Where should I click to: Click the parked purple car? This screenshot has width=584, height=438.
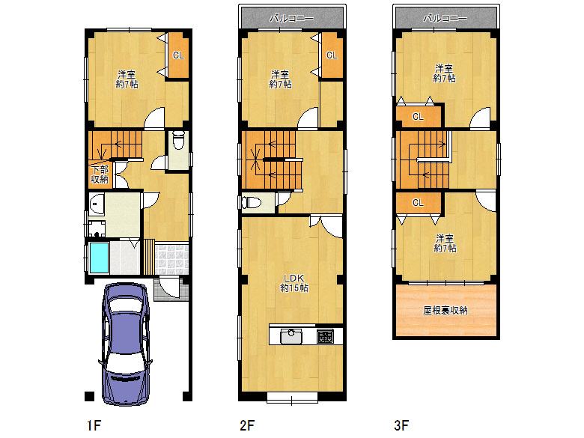(x=126, y=344)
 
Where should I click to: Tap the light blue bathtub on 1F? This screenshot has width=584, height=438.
(x=100, y=258)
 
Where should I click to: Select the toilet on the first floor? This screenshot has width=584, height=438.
(x=179, y=140)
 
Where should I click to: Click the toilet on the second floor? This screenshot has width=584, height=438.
(x=252, y=203)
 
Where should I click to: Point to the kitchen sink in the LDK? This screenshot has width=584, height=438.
(x=291, y=337)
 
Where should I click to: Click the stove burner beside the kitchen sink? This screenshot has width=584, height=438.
(x=325, y=337)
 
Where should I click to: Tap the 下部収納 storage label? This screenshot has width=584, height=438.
(x=100, y=174)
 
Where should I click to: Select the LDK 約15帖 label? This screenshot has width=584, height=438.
(x=294, y=283)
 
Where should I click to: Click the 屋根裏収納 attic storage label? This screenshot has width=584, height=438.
(x=445, y=310)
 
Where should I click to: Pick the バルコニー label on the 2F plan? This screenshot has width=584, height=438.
(x=292, y=18)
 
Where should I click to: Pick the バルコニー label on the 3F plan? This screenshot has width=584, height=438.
(x=445, y=18)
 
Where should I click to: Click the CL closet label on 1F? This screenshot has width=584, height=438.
(x=178, y=55)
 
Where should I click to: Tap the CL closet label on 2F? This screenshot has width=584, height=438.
(x=332, y=55)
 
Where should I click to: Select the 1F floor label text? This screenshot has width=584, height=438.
(x=94, y=425)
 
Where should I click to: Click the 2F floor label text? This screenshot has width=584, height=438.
(x=247, y=425)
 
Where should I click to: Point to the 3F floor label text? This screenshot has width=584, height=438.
(x=401, y=425)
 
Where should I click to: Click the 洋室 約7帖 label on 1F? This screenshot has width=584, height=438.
(x=127, y=79)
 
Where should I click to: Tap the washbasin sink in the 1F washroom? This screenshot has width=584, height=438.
(x=97, y=204)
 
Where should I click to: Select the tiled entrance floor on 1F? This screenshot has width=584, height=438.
(x=171, y=259)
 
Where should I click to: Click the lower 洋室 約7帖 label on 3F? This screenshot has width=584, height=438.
(x=445, y=243)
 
